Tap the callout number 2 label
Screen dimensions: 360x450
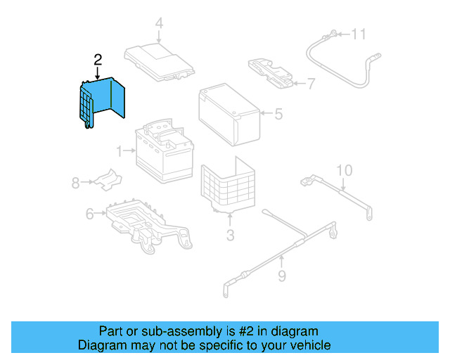pyautogui.click(x=98, y=60)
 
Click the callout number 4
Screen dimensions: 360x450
pyautogui.click(x=159, y=23)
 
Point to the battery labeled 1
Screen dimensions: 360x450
pyautogui.click(x=165, y=150)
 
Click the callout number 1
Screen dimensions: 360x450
pyautogui.click(x=120, y=150)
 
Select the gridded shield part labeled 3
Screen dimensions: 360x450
pyautogui.click(x=228, y=186)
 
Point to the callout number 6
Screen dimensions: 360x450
pyautogui.click(x=89, y=213)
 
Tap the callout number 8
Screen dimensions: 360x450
pyautogui.click(x=75, y=183)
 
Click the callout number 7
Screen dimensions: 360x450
pyautogui.click(x=311, y=84)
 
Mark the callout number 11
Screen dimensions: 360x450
pyautogui.click(x=359, y=33)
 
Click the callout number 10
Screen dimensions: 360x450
pyautogui.click(x=343, y=170)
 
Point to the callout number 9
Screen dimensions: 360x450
pyautogui.click(x=281, y=276)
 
